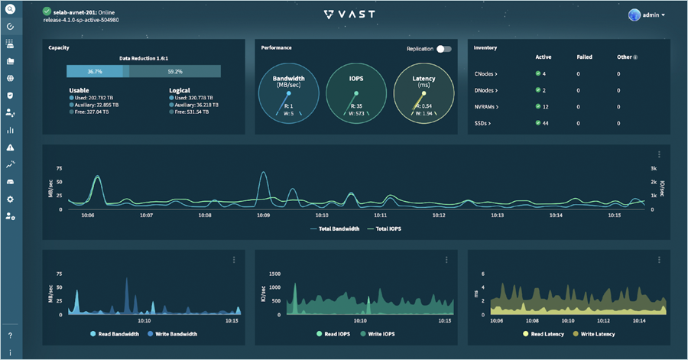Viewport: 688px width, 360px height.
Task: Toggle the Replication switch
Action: (443, 49)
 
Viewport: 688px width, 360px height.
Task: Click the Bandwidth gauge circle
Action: (290, 92)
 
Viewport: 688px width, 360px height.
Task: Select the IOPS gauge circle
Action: (355, 92)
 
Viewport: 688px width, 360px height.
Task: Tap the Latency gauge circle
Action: (423, 92)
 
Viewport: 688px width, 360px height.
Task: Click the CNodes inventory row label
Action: (487, 74)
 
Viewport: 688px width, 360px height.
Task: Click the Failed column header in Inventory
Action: (584, 57)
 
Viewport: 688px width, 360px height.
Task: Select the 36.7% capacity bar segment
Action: (95, 71)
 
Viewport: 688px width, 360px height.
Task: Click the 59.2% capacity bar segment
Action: (175, 71)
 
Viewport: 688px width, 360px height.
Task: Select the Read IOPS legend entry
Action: (337, 334)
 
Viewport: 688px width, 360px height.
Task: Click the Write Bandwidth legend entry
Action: (173, 334)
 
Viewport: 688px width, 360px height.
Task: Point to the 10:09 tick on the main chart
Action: (264, 216)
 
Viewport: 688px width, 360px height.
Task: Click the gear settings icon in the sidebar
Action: (11, 199)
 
